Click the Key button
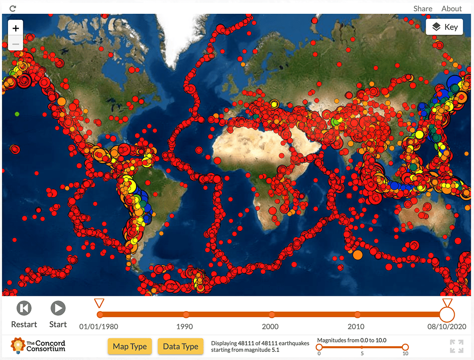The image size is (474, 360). (444, 27)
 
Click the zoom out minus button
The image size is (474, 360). (16, 44)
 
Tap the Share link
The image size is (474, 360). (422, 9)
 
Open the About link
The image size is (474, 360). (451, 9)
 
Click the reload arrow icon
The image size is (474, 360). (13, 9)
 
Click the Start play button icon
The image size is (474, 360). (58, 308)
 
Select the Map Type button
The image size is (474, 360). (129, 346)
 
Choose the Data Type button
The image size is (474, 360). (181, 346)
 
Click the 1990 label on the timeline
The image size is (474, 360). (184, 326)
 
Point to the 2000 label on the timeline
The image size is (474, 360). (270, 326)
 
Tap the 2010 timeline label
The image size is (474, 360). (356, 326)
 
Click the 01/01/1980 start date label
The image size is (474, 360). (99, 326)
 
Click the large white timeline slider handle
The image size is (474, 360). (447, 314)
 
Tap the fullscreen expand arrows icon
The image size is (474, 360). (456, 346)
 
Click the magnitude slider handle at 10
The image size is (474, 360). (405, 347)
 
